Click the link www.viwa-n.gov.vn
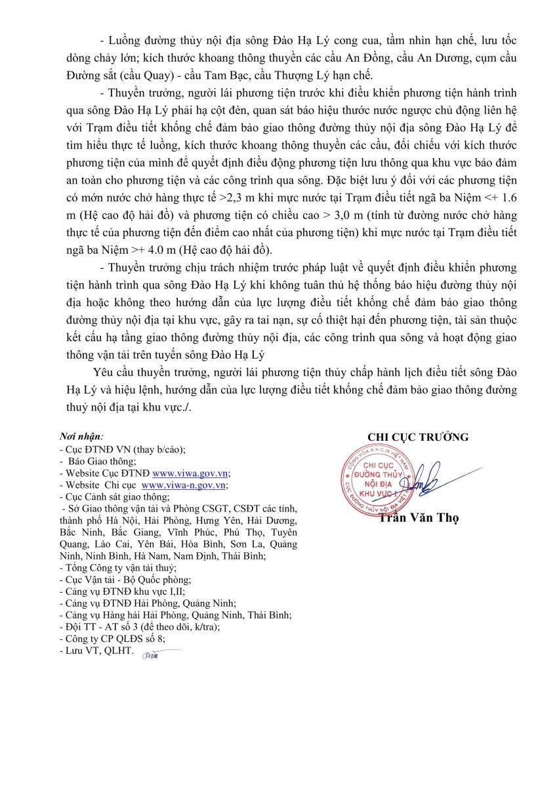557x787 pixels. pos(184,485)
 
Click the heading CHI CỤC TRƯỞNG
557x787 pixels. pos(418,437)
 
